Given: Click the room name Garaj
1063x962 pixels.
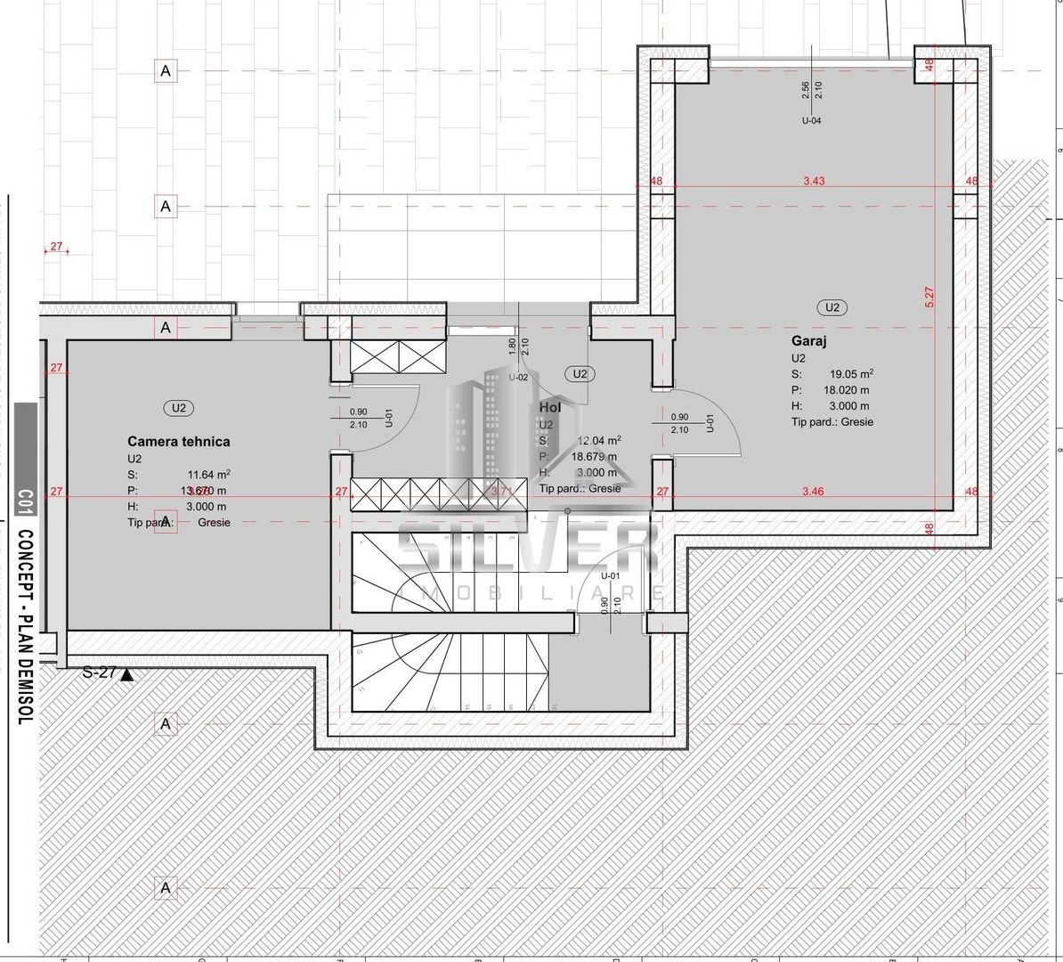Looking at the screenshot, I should [x=809, y=341].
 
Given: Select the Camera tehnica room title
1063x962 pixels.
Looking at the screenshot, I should [x=178, y=441].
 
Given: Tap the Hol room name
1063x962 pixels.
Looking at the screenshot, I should [x=550, y=407].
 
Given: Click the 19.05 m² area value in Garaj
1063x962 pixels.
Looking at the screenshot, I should [x=851, y=374].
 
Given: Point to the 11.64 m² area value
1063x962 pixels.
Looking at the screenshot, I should [x=208, y=475].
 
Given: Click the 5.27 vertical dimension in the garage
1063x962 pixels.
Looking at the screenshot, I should [x=929, y=297].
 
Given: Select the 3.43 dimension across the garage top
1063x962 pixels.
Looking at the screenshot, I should [x=814, y=181].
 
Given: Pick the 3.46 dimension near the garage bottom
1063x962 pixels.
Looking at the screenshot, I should [x=812, y=491].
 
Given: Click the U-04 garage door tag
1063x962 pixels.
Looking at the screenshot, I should [x=811, y=120].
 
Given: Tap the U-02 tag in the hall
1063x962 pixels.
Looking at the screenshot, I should [x=518, y=378].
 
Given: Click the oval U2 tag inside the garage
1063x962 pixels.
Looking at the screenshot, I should [x=832, y=307].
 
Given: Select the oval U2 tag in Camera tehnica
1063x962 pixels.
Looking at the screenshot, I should [x=179, y=408].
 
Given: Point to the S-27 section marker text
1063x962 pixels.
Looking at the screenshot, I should [x=99, y=673].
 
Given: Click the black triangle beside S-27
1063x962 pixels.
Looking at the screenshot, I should [x=126, y=675].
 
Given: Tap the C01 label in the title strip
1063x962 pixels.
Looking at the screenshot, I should [x=25, y=503].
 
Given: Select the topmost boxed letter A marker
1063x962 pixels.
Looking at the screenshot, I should [x=166, y=70].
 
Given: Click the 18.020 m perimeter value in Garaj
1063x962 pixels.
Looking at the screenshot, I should [x=846, y=390].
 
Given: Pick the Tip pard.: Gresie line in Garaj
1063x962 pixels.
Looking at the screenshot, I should [x=832, y=422].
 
